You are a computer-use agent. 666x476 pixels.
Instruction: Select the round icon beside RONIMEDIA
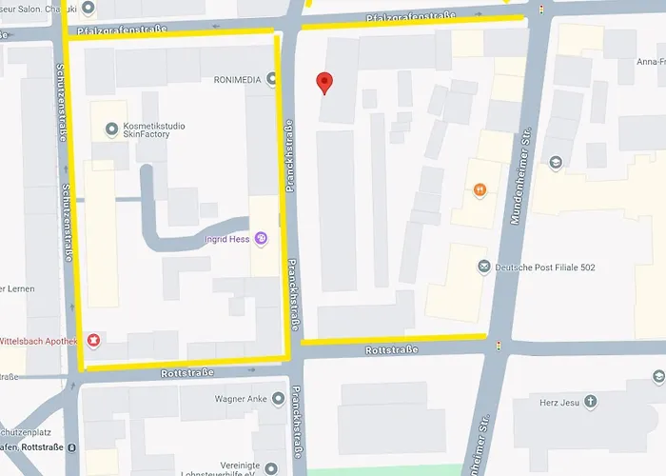click(x=273, y=79)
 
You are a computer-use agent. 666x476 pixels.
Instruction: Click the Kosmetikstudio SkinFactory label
click(x=154, y=130)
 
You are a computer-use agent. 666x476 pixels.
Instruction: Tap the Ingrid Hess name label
click(x=226, y=239)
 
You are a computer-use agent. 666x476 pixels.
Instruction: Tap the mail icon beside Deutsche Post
click(x=483, y=268)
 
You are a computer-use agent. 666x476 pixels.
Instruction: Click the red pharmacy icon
click(x=92, y=340)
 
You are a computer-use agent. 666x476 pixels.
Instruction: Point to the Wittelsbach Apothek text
click(x=39, y=340)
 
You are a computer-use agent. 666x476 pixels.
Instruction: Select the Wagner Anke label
click(x=243, y=399)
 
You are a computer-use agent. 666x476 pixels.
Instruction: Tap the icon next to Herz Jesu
click(x=590, y=401)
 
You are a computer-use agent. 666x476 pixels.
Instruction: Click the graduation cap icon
click(x=555, y=163)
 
